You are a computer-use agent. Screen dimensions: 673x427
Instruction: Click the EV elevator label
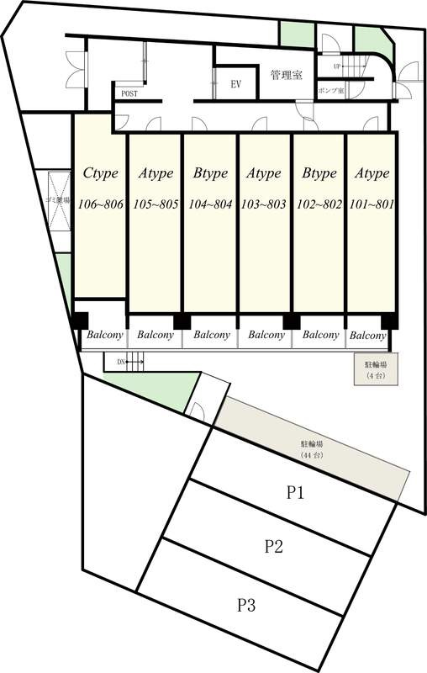tap(236, 84)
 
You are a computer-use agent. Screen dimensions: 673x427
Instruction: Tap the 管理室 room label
tap(286, 76)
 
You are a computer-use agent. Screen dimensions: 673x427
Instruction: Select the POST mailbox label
tap(129, 94)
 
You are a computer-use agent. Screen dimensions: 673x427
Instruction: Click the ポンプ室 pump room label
tap(330, 90)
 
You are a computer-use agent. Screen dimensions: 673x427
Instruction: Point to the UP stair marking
tap(337, 66)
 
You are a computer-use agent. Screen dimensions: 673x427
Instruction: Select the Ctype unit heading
tap(99, 173)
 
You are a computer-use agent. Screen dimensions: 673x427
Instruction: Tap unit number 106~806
tap(99, 204)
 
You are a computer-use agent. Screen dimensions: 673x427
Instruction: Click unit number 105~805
tap(156, 204)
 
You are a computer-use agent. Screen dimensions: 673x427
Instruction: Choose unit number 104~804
tap(210, 204)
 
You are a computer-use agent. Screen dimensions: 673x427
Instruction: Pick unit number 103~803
tap(264, 204)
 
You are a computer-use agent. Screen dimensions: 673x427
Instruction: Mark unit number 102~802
tap(319, 204)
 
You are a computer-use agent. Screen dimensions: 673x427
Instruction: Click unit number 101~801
tap(371, 204)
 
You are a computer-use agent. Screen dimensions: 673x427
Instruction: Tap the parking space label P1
tap(295, 493)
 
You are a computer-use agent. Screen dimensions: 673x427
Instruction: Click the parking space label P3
tap(245, 603)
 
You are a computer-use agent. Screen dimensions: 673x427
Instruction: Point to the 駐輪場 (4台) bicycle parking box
tap(375, 368)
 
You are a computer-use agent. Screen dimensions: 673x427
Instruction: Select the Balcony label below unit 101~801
tap(367, 336)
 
